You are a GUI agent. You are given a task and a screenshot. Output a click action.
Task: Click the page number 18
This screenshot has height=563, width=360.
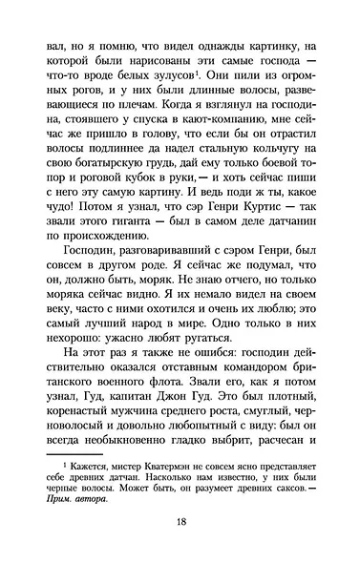pos(180,522)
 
